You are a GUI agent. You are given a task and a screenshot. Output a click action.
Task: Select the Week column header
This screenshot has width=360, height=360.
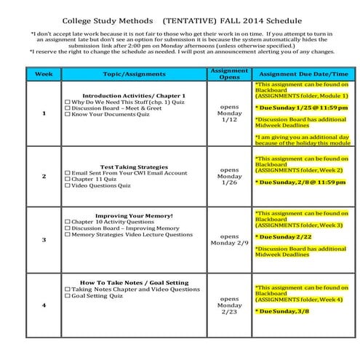click(x=43, y=74)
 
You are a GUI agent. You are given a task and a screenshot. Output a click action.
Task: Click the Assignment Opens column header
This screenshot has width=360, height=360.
click(x=228, y=74)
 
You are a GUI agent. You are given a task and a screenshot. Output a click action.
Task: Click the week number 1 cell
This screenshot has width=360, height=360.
click(x=44, y=113)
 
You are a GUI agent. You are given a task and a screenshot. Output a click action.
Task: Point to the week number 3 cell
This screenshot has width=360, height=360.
click(x=44, y=239)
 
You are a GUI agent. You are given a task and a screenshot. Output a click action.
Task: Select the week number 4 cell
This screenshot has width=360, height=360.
click(x=44, y=305)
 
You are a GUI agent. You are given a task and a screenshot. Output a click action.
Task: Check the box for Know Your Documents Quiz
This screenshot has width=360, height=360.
click(x=68, y=115)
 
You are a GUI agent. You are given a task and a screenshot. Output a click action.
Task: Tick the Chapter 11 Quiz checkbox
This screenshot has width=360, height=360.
click(x=68, y=179)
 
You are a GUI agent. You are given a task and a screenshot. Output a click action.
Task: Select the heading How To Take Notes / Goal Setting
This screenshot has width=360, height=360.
click(x=134, y=282)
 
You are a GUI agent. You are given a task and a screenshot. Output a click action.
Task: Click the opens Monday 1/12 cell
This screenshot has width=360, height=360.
click(x=229, y=113)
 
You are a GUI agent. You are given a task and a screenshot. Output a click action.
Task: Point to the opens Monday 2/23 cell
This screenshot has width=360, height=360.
click(x=229, y=305)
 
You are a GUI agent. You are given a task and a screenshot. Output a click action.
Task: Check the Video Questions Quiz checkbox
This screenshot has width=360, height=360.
click(x=68, y=185)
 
